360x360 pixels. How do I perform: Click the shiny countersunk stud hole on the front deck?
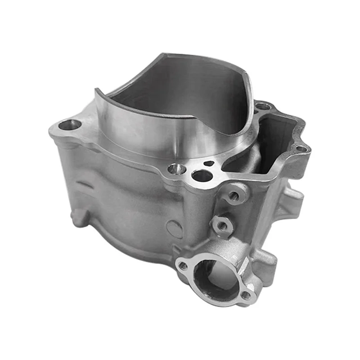click(x=176, y=169)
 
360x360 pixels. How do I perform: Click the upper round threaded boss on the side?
click(x=234, y=196)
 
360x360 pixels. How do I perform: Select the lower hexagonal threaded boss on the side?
click(x=221, y=225)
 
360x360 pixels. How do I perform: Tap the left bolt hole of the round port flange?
click(x=183, y=265)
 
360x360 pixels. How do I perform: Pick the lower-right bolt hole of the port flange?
click(x=246, y=296)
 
